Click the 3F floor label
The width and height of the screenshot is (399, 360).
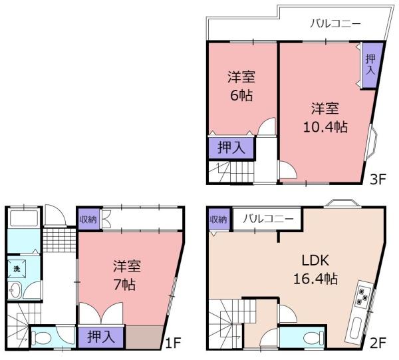click(x=379, y=178)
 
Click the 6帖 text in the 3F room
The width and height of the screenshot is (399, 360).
click(x=241, y=94)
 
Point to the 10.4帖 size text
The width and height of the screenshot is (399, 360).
click(x=326, y=124)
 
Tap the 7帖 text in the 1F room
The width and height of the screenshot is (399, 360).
click(x=124, y=285)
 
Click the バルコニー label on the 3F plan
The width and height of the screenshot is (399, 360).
click(x=336, y=24)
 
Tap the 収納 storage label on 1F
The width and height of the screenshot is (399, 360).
click(x=87, y=219)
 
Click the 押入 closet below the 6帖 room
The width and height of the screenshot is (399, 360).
click(x=230, y=148)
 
